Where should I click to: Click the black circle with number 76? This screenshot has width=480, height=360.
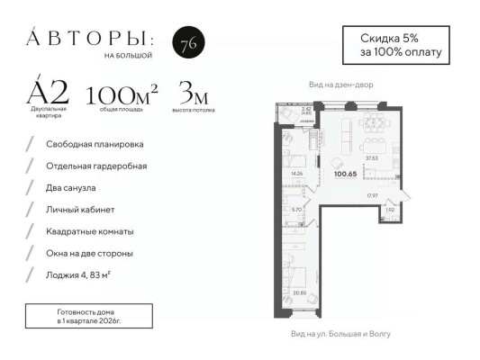(186, 45)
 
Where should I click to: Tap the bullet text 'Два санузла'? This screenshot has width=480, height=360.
(72, 187)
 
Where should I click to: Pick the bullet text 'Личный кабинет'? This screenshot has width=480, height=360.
(78, 209)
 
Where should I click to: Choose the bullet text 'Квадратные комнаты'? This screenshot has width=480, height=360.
(88, 230)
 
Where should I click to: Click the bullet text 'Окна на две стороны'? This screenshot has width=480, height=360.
(90, 252)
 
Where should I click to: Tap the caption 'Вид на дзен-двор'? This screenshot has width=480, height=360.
(340, 85)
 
